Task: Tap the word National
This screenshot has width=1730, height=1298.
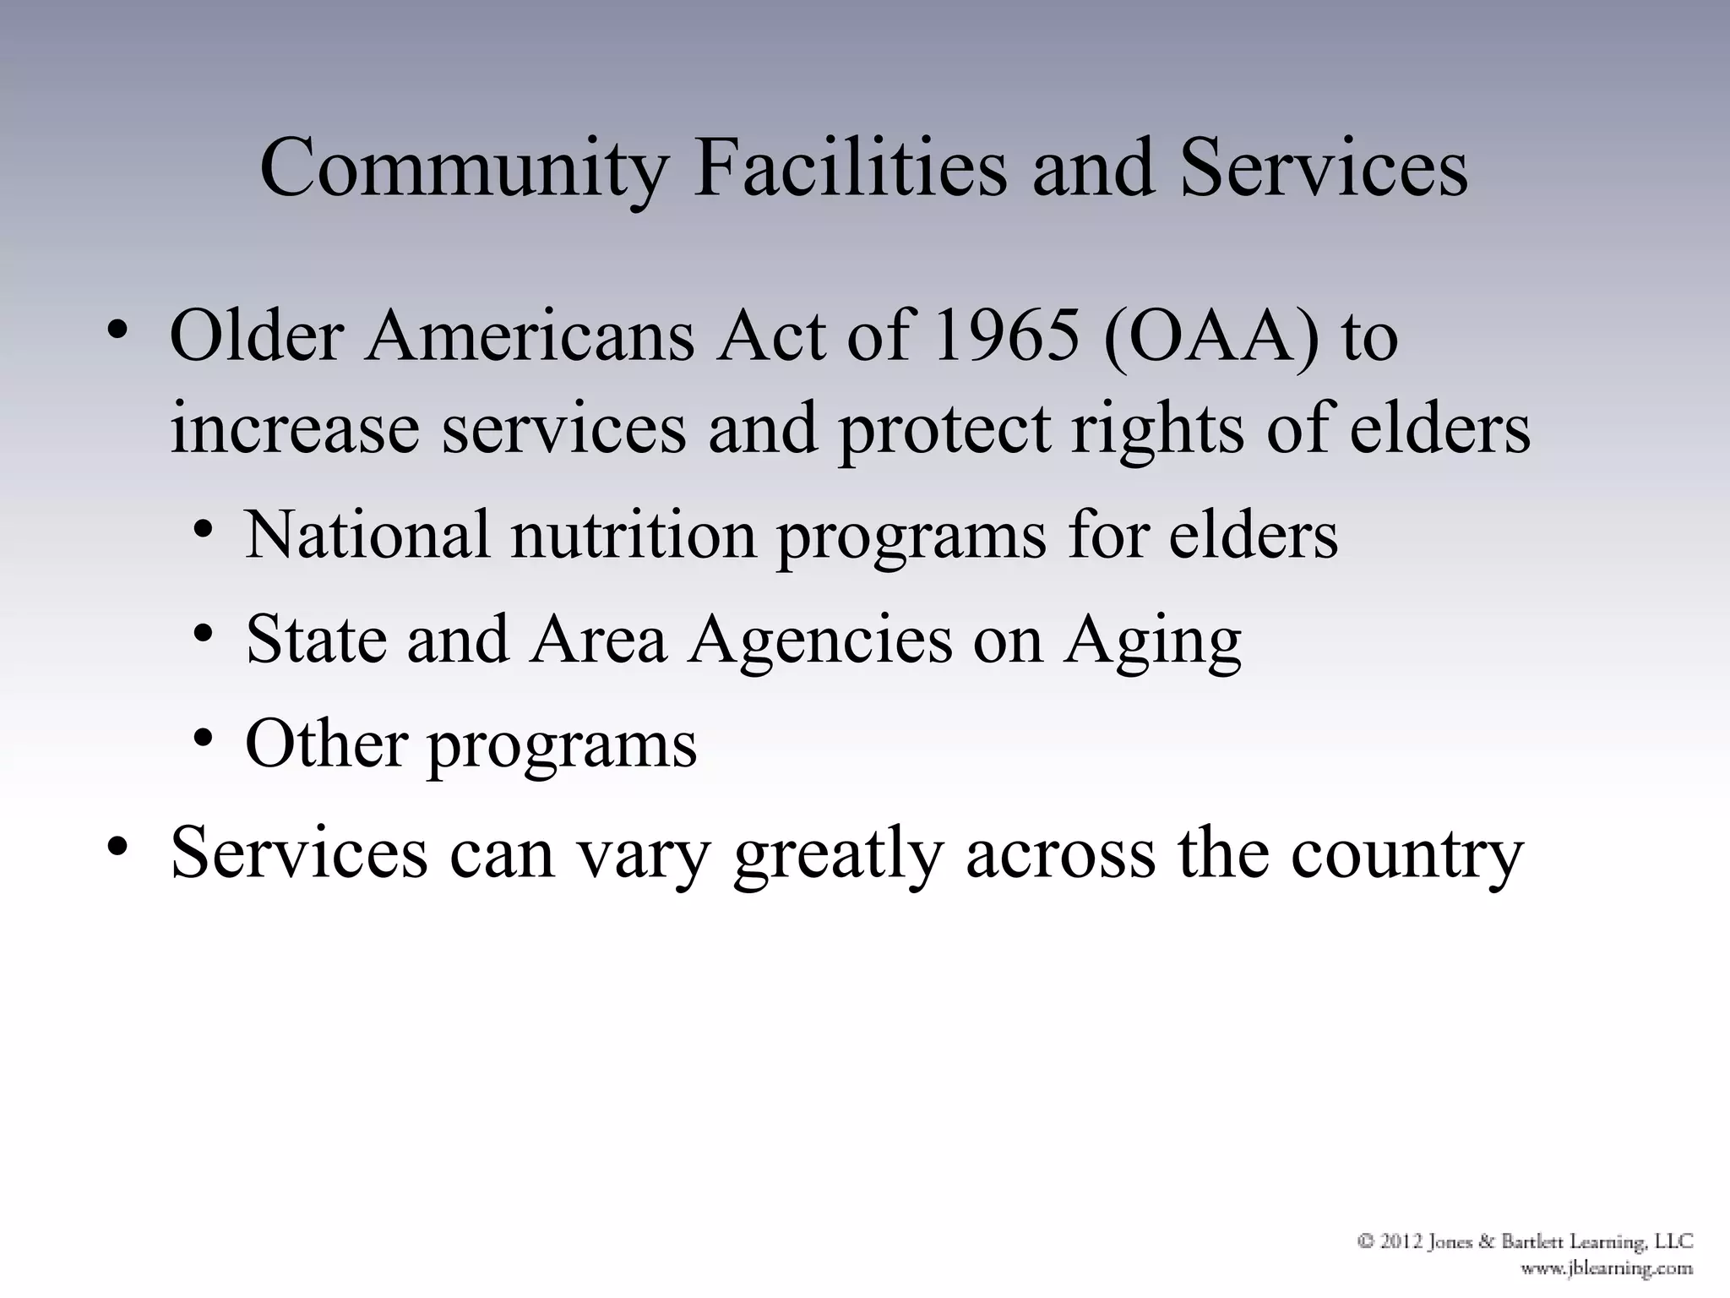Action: [x=367, y=535]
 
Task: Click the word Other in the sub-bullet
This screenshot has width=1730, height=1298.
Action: [x=326, y=744]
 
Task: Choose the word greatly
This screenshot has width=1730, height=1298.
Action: [x=837, y=855]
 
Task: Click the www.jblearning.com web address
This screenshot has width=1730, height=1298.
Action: [x=1607, y=1268]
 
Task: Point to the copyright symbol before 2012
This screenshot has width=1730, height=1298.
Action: [x=1366, y=1241]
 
